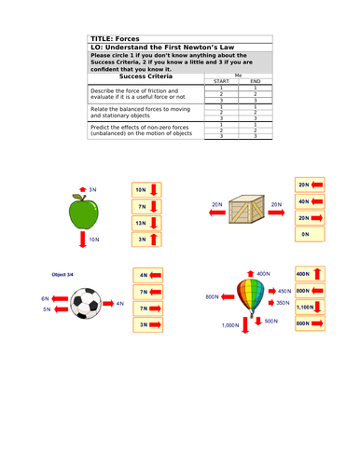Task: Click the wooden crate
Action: pyautogui.click(x=248, y=205)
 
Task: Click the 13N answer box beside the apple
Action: pyautogui.click(x=147, y=224)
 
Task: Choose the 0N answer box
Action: pyautogui.click(x=309, y=236)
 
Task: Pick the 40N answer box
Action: pyautogui.click(x=309, y=201)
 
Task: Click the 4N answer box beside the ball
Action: pyautogui.click(x=147, y=275)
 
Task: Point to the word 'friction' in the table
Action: pyautogui.click(x=155, y=90)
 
